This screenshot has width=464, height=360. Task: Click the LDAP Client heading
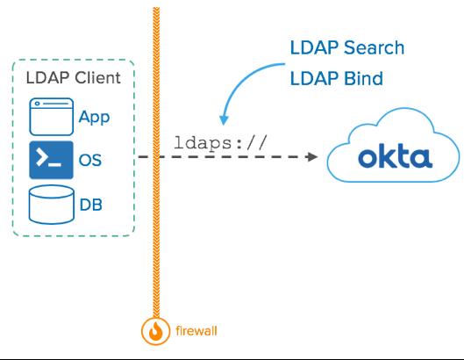(73, 78)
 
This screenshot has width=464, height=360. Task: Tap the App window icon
(51, 116)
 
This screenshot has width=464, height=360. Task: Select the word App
(94, 117)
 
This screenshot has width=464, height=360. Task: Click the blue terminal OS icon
(51, 160)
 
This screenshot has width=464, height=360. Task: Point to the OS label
(91, 161)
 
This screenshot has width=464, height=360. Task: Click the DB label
(91, 205)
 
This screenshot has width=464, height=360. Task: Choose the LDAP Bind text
(336, 78)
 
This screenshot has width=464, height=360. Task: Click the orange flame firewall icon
(155, 332)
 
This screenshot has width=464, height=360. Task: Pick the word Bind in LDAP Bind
(361, 78)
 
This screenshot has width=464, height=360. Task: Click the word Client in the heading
(97, 78)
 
